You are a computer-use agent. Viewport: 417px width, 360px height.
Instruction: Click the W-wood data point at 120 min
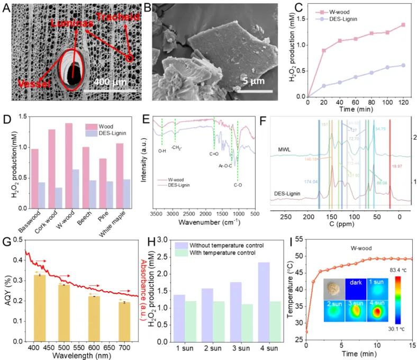tap(403, 25)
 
